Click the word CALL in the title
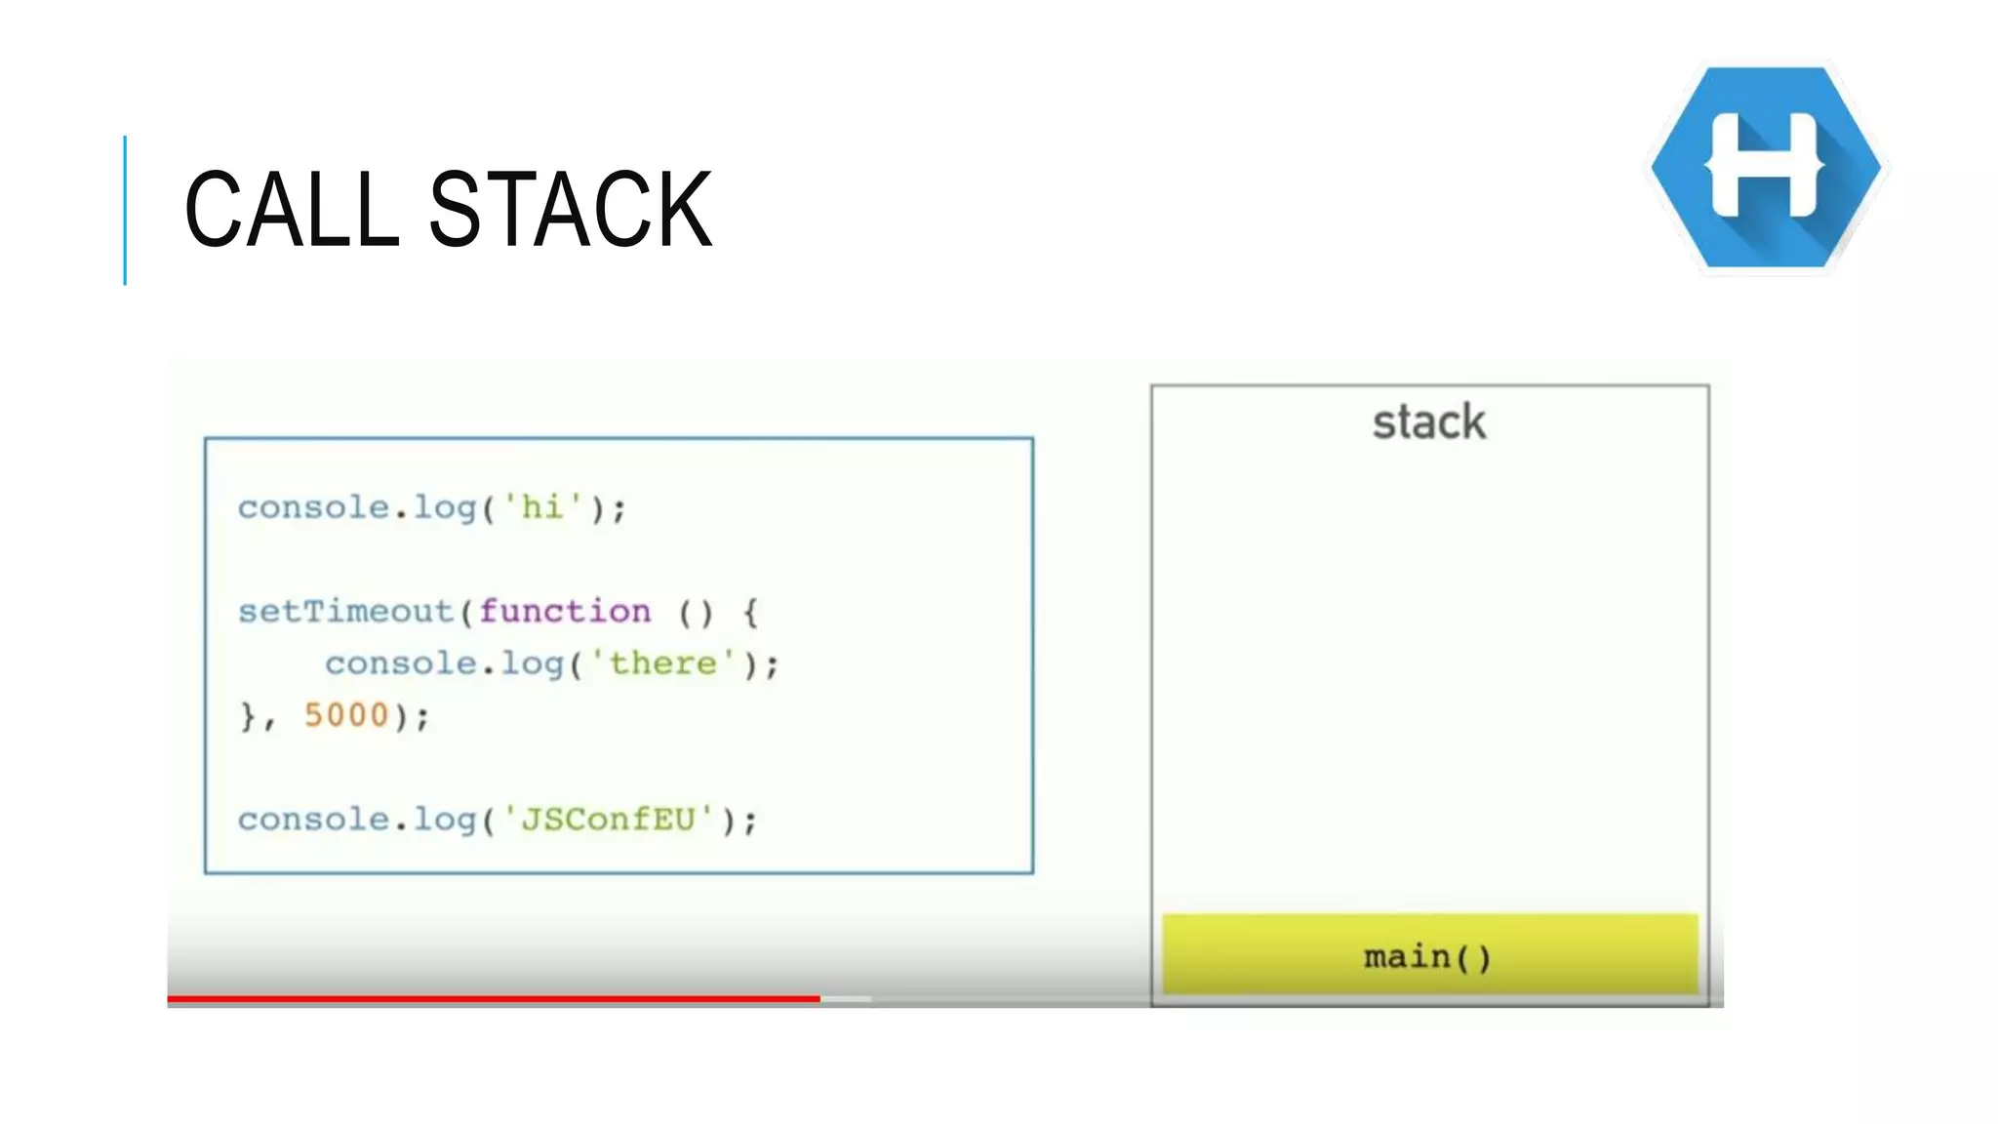pyautogui.click(x=291, y=209)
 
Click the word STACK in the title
pyautogui.click(x=570, y=209)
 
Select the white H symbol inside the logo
pyautogui.click(x=1765, y=166)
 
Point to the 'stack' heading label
pyautogui.click(x=1429, y=422)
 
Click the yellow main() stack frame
pyautogui.click(x=1429, y=955)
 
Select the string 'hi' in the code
pyautogui.click(x=542, y=507)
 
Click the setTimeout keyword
pyautogui.click(x=345, y=612)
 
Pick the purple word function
pyautogui.click(x=565, y=612)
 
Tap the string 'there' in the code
pyautogui.click(x=663, y=663)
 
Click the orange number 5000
pyautogui.click(x=346, y=715)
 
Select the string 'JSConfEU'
pyautogui.click(x=609, y=819)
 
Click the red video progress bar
pyautogui.click(x=493, y=998)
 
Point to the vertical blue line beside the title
pyautogui.click(x=125, y=210)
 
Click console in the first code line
pyautogui.click(x=313, y=507)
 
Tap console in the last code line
pyautogui.click(x=313, y=819)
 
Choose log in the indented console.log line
pyautogui.click(x=532, y=664)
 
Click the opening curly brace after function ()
pyautogui.click(x=750, y=613)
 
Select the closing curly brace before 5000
pyautogui.click(x=248, y=716)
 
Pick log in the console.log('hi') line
pyautogui.click(x=445, y=508)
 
